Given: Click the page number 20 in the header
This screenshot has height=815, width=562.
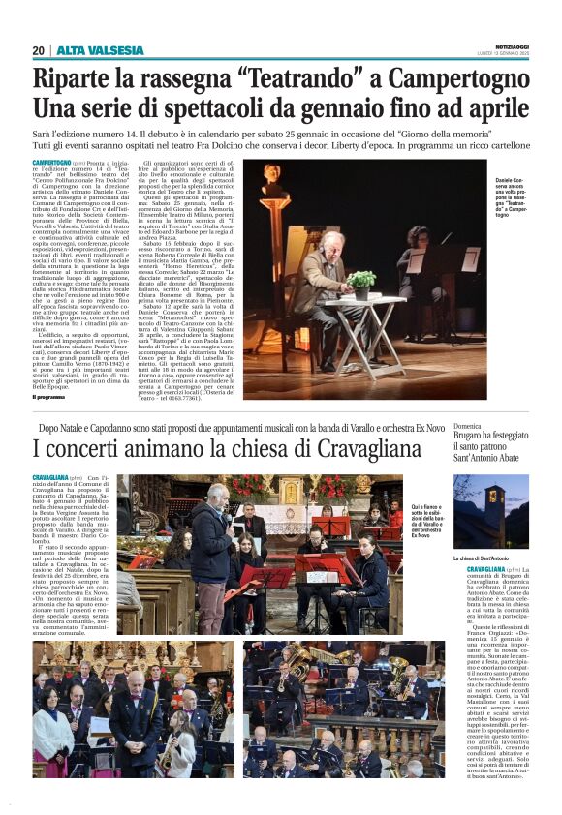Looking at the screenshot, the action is tap(38, 49).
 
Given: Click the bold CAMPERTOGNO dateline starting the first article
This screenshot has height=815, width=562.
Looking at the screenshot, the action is tap(52, 163).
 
